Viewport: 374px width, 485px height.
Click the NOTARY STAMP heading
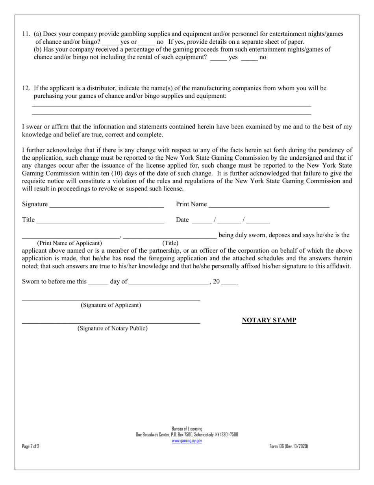[269, 320]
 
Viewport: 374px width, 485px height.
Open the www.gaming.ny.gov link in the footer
[187, 441]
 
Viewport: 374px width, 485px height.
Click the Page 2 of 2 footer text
[31, 446]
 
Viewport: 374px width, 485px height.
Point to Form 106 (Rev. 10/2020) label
[289, 446]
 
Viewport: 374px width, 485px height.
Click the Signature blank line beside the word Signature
[106, 205]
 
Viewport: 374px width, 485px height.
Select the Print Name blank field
[269, 205]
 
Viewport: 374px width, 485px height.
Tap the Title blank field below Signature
[100, 220]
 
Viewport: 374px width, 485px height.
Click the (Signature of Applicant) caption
[111, 305]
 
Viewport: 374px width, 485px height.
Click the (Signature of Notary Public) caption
[112, 328]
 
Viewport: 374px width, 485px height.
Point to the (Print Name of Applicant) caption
[69, 243]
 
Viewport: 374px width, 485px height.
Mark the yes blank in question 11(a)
[110, 42]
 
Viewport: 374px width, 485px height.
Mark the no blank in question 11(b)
[249, 58]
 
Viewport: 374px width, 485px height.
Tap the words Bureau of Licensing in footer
[187, 429]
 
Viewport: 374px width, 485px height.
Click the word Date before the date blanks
[182, 220]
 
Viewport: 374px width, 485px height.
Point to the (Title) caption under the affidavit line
[170, 243]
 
